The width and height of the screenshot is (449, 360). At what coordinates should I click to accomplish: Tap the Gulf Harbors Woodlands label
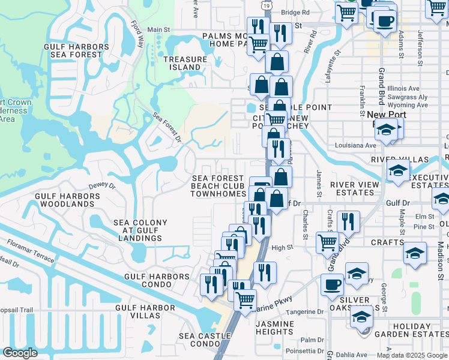click(x=65, y=200)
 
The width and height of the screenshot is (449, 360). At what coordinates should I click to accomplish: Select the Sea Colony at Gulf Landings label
click(x=140, y=230)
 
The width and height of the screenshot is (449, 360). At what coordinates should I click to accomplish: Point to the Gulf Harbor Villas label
click(x=145, y=311)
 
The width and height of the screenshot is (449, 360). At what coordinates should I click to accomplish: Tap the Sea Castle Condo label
click(x=205, y=340)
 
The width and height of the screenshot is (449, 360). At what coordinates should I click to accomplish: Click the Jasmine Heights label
click(x=274, y=328)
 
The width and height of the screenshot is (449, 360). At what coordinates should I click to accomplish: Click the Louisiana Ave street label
click(x=358, y=145)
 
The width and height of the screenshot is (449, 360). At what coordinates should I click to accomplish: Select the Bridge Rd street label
click(x=295, y=12)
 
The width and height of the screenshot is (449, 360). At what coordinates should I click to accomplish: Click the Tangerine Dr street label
click(x=305, y=312)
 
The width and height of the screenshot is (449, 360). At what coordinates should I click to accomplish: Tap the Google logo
click(x=20, y=353)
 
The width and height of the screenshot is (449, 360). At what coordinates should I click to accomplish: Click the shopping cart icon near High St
click(x=327, y=242)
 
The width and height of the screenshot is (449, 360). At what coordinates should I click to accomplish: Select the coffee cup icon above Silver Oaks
click(x=331, y=285)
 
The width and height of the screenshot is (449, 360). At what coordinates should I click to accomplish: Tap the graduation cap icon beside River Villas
click(x=398, y=171)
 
